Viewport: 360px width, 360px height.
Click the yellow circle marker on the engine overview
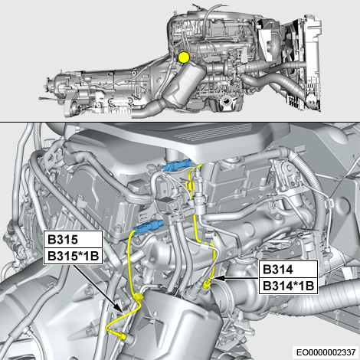coord(184,57)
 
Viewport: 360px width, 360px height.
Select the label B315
coord(63,240)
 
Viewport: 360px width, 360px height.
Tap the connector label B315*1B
coord(73,256)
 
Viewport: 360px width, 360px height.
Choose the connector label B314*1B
coord(288,286)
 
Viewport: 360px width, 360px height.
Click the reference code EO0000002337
coord(326,352)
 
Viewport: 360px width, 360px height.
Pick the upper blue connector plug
coord(177,165)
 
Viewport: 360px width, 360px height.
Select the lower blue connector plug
coord(149,226)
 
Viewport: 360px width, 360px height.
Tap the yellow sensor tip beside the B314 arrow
coord(206,283)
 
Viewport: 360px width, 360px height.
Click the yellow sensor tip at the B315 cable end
coord(123,336)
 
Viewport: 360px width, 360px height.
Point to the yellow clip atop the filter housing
coord(138,298)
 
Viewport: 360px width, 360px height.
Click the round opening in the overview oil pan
coord(226,100)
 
